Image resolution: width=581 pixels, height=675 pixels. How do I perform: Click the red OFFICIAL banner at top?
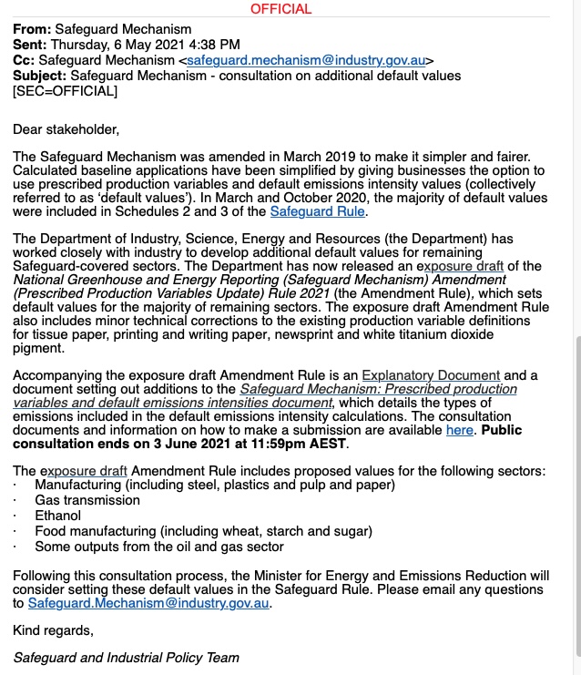[280, 9]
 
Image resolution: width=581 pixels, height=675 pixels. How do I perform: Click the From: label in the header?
[32, 29]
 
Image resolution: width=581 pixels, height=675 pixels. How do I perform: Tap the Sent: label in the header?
[30, 45]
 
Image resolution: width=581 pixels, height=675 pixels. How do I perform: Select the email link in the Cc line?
[307, 60]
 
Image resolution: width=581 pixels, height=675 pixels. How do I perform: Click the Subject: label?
[39, 76]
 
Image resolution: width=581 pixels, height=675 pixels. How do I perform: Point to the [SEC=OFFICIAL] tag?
[65, 91]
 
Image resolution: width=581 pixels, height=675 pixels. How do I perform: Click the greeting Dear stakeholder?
[66, 129]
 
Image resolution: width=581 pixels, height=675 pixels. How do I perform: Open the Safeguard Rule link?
[318, 211]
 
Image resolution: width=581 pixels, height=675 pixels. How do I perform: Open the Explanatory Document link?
[431, 375]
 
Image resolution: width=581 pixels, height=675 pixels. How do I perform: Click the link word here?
[459, 430]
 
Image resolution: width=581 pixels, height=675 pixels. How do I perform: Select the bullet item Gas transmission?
[87, 500]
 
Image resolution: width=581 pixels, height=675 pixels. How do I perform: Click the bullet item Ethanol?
[57, 516]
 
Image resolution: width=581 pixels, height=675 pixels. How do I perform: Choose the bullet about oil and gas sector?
[159, 547]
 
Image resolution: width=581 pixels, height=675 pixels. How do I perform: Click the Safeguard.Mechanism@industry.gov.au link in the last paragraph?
[149, 603]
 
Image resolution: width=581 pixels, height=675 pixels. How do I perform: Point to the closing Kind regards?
[53, 629]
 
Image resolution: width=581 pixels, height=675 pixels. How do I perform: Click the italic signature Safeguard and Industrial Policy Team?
[126, 657]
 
